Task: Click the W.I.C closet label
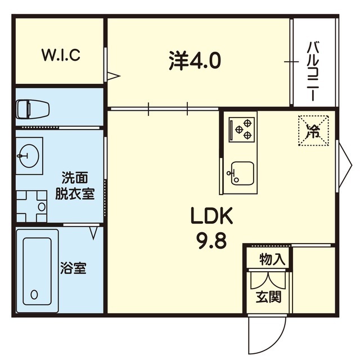click(x=61, y=55)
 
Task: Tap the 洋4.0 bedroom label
click(x=195, y=59)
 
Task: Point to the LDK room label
click(x=211, y=216)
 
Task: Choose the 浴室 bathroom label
click(x=73, y=268)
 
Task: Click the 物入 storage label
click(x=273, y=260)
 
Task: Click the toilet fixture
click(x=31, y=108)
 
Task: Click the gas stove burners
click(x=242, y=129)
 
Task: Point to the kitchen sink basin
click(x=242, y=172)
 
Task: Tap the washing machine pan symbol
click(x=33, y=206)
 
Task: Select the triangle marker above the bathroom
click(x=94, y=232)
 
